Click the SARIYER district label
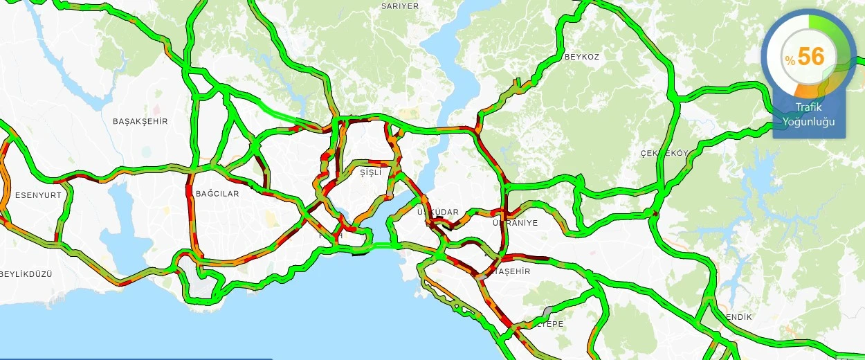coord(400,6)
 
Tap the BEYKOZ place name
coord(581,56)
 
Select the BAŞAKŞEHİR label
coord(140,121)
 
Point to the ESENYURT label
coord(38,195)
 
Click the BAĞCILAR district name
coord(217,194)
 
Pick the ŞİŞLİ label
coord(370,173)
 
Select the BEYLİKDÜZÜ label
coord(26,274)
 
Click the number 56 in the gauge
coord(811,57)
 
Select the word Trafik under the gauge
coord(808,108)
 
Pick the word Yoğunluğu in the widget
coord(808,122)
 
